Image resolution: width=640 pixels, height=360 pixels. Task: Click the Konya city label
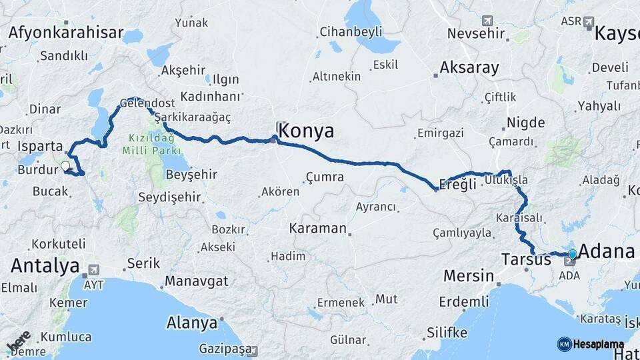[306, 131]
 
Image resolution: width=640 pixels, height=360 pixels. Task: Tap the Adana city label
[606, 252]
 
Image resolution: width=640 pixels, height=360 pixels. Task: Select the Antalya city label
[45, 266]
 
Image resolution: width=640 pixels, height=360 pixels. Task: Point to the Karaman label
[317, 228]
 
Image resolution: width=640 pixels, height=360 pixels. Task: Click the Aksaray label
[469, 68]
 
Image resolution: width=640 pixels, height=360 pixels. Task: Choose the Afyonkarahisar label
[66, 33]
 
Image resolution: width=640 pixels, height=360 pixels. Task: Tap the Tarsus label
[526, 259]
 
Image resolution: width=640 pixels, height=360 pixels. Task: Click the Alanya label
[192, 323]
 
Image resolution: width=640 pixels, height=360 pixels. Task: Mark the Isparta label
[41, 146]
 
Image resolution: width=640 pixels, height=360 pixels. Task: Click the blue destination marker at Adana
[572, 254]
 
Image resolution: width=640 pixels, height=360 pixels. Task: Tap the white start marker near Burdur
[65, 166]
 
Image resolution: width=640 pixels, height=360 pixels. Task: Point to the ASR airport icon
[589, 22]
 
